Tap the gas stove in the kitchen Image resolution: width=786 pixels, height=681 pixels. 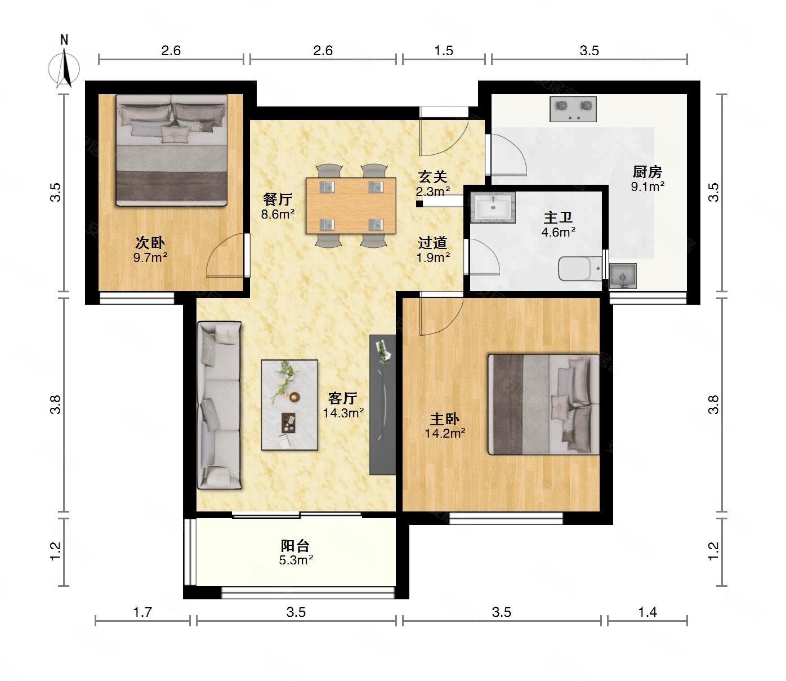point(573,109)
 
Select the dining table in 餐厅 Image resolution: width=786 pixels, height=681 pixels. point(351,206)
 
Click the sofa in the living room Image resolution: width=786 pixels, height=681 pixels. point(219,405)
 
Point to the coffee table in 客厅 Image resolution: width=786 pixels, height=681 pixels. point(289,405)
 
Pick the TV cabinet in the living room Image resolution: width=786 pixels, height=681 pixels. point(382,404)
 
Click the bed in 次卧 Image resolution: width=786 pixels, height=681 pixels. point(172,150)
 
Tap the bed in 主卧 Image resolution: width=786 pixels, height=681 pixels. point(543,404)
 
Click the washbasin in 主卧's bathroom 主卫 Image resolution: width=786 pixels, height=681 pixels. point(493,207)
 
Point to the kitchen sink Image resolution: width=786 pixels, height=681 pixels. point(623,276)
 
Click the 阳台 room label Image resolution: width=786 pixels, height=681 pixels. point(295,546)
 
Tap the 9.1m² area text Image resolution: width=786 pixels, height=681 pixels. point(647,186)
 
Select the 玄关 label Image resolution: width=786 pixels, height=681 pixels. point(432,176)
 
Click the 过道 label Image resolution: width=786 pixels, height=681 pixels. point(432,243)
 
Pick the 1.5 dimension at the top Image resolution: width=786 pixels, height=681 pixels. point(443,51)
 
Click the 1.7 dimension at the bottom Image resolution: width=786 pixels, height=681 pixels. point(142,612)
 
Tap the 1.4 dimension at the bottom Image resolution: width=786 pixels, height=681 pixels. point(647,612)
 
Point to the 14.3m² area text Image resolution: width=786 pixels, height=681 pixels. point(343,413)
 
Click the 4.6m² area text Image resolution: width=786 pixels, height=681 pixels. point(558,232)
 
